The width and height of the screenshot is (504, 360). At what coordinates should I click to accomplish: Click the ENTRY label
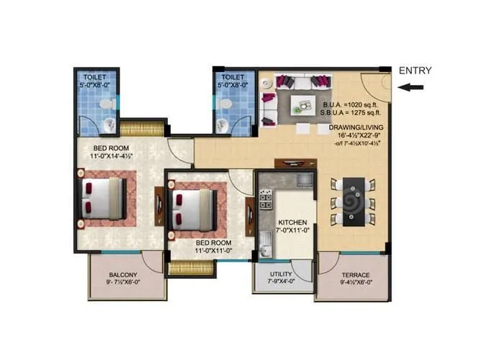click(415, 71)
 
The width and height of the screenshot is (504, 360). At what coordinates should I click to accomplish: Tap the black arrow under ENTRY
click(414, 87)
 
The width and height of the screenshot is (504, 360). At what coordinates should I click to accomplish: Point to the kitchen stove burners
click(266, 194)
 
